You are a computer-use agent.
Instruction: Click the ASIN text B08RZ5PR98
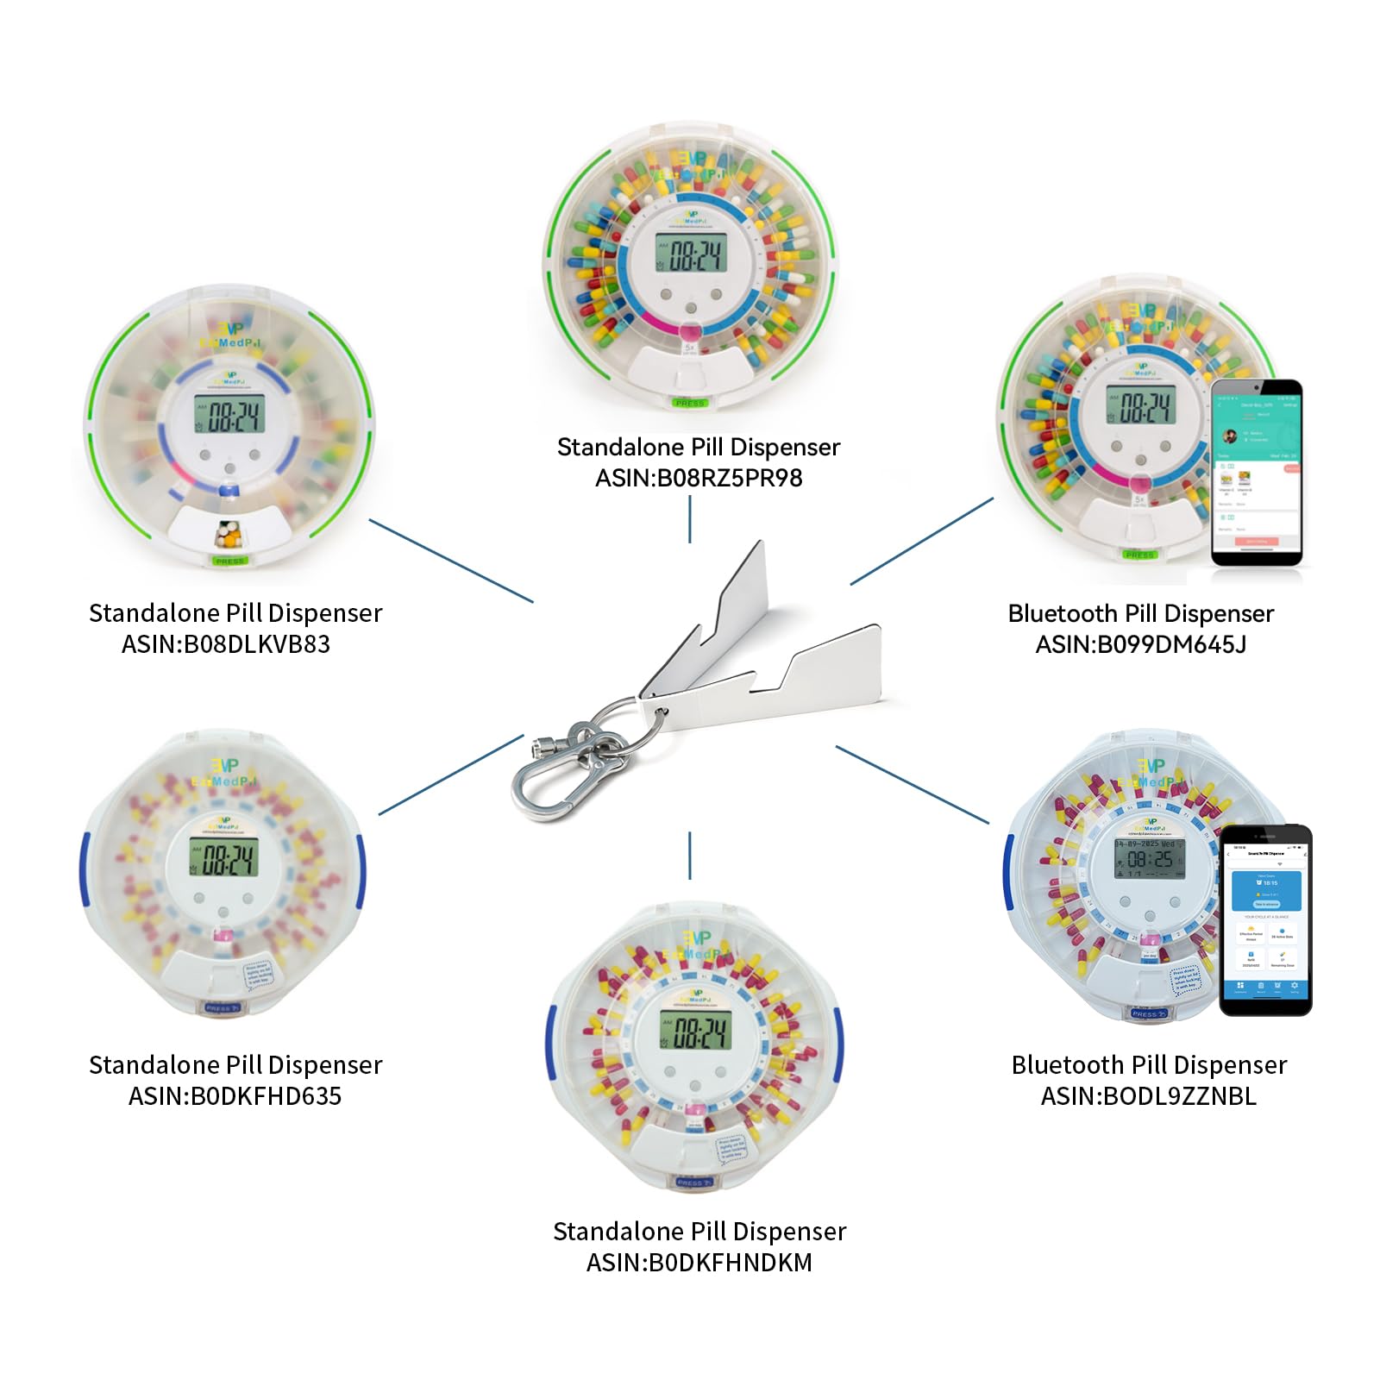click(x=730, y=478)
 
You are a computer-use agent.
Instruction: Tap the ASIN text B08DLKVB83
click(x=257, y=644)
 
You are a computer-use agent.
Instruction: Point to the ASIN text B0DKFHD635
click(x=266, y=1096)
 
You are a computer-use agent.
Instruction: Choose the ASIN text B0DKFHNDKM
click(x=731, y=1263)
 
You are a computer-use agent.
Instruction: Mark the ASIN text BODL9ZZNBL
click(x=1179, y=1096)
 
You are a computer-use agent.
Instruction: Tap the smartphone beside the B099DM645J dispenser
click(x=1256, y=473)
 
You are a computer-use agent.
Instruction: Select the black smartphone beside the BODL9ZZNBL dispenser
click(x=1265, y=919)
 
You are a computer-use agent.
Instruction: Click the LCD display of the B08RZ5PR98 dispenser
click(x=690, y=254)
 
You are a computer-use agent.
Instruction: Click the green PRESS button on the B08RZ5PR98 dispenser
click(x=690, y=403)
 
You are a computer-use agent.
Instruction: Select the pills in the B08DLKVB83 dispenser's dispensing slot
click(x=229, y=535)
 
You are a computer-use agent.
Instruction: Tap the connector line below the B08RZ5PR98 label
click(x=690, y=520)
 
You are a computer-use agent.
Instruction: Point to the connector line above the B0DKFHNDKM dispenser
click(x=690, y=856)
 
